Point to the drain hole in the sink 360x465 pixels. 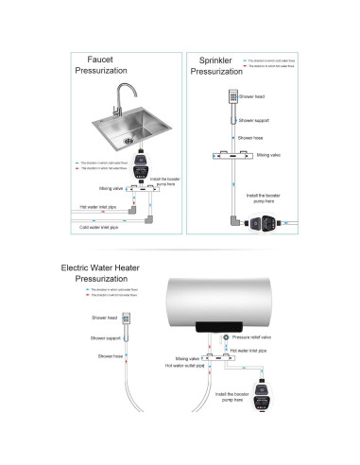[x=129, y=141]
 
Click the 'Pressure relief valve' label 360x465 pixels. [x=251, y=336]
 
